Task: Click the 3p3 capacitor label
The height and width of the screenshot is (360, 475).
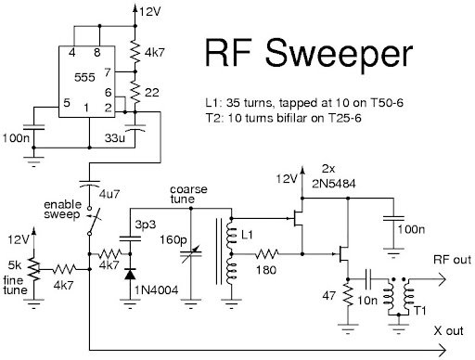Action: point(145,225)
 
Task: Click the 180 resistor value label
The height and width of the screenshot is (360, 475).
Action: point(268,270)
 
